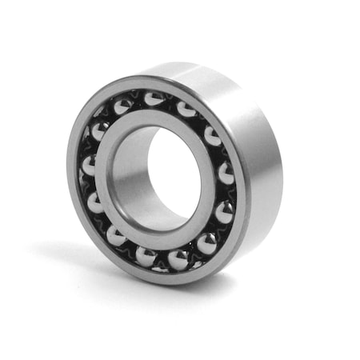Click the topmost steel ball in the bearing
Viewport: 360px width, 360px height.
tap(153, 99)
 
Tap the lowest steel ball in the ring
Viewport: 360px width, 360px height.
tap(178, 259)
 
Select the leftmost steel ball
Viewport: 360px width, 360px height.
tap(89, 166)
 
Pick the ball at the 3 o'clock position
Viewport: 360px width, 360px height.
tap(226, 171)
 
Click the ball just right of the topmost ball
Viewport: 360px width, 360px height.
tap(186, 109)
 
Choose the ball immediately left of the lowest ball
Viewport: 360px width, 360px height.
tap(146, 256)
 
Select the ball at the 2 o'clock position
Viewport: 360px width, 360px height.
tap(214, 135)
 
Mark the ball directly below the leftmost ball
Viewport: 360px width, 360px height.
tap(95, 202)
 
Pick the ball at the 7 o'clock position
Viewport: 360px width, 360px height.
tap(116, 235)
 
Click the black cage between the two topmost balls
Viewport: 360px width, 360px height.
tap(170, 100)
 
